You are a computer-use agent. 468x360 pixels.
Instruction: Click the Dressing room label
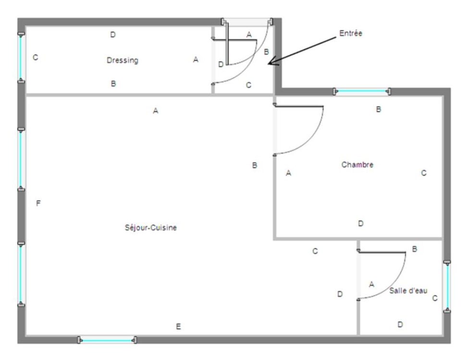[123, 60]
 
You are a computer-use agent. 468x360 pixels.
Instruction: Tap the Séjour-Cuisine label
[151, 228]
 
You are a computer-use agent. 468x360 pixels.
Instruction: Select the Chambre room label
[357, 165]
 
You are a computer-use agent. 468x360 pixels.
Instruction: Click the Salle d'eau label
[408, 290]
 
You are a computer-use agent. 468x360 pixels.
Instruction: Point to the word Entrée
[351, 33]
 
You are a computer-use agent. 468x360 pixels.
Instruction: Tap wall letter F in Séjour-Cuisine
[38, 204]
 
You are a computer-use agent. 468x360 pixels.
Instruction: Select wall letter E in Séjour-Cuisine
[178, 326]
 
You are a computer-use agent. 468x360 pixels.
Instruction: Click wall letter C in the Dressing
[35, 57]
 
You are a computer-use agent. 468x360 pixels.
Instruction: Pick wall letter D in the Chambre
[360, 223]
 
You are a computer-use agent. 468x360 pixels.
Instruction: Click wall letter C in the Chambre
[423, 173]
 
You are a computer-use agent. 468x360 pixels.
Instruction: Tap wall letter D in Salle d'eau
[400, 324]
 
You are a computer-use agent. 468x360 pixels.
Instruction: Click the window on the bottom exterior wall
[108, 340]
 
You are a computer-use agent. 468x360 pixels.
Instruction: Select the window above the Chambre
[362, 92]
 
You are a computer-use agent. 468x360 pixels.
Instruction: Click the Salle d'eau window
[447, 287]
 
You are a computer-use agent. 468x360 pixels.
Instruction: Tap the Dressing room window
[21, 58]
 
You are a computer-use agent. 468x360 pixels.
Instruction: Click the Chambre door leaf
[299, 106]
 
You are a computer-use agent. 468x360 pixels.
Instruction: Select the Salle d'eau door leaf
[382, 252]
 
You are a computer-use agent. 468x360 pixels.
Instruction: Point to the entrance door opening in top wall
[247, 22]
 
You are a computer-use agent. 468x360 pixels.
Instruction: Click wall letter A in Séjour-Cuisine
[156, 111]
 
